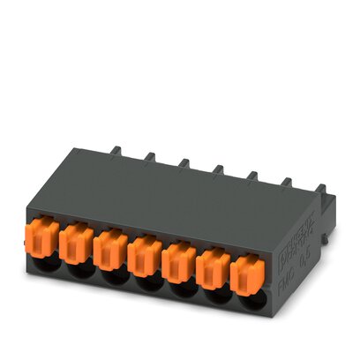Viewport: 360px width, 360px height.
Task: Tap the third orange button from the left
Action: tap(109, 248)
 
